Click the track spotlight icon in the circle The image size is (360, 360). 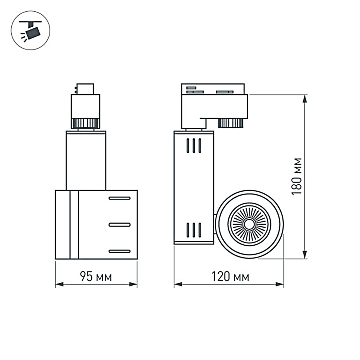(31, 31)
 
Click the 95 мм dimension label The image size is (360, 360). (96, 277)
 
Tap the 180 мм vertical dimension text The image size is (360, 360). (297, 176)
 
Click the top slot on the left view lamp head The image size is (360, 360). (120, 198)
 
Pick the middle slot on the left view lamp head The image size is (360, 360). (120, 225)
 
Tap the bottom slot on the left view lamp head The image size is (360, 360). (120, 251)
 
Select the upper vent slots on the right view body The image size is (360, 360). (194, 145)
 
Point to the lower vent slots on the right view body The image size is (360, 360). (194, 230)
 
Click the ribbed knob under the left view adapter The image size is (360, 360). (85, 123)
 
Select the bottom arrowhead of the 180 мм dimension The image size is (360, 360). (305, 255)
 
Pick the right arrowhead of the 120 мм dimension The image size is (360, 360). (280, 285)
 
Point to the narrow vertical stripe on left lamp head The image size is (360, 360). (74, 225)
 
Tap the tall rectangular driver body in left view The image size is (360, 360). (86, 160)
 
